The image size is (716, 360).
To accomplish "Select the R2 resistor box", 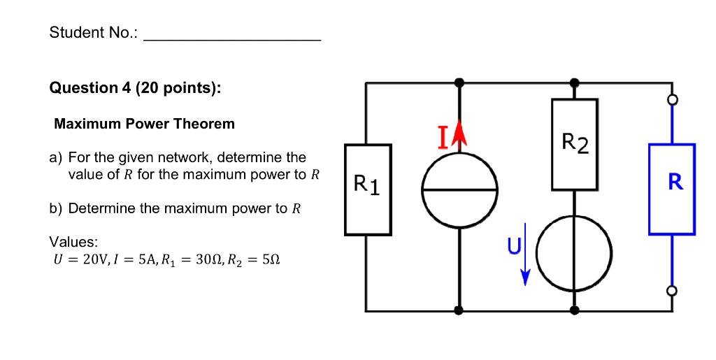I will click(575, 145).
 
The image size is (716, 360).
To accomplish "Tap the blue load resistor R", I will click(672, 189).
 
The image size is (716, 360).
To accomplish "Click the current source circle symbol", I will click(459, 189).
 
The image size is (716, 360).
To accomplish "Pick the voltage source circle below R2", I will click(575, 252).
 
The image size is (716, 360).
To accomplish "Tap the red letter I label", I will click(443, 139).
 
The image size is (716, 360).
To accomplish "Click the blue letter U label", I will click(513, 246).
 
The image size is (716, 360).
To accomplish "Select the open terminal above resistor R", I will click(672, 101).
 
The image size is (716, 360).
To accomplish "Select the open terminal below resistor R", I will click(672, 290).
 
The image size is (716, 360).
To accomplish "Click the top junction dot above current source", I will click(459, 82).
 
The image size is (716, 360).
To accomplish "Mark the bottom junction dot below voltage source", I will click(575, 310).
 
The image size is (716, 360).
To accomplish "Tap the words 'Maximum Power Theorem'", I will click(145, 124).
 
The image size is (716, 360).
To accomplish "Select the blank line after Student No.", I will click(232, 41).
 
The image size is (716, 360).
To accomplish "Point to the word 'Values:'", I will click(73, 242).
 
